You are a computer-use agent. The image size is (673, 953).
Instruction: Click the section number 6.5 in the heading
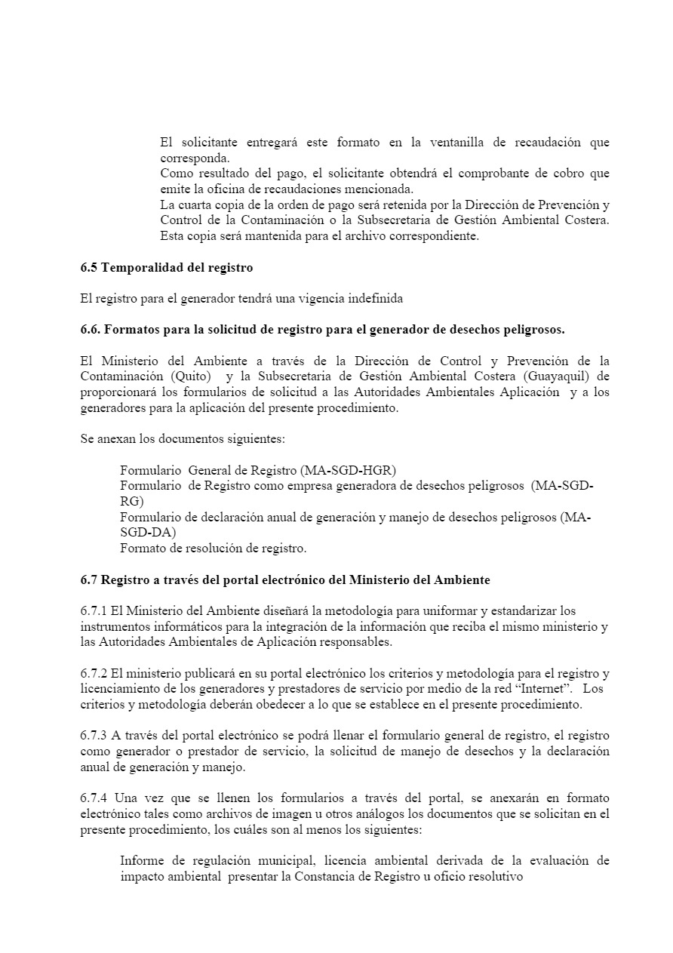tap(89, 268)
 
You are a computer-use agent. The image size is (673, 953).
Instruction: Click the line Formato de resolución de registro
tap(213, 549)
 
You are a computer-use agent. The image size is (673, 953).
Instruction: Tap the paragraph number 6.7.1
tap(94, 611)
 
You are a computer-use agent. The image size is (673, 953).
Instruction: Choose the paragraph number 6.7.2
tap(94, 673)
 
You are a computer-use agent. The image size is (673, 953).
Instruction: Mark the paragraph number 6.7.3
tap(94, 736)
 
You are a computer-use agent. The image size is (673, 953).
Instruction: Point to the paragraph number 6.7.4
tap(94, 798)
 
